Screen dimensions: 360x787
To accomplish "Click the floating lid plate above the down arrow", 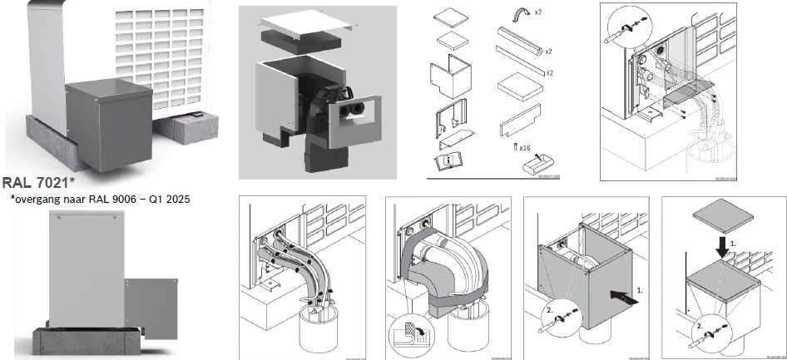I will point(722,215).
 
